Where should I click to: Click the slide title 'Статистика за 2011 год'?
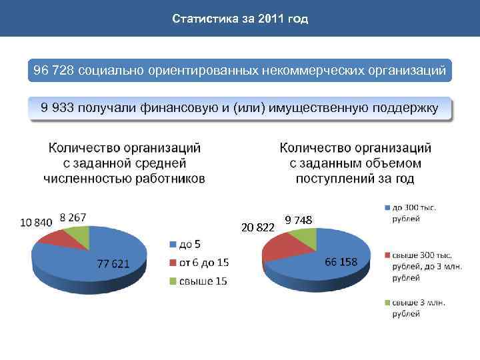[x=240, y=19]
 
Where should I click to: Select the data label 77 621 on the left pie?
[x=113, y=263]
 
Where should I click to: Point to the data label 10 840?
[x=36, y=222]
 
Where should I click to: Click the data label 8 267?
[x=73, y=217]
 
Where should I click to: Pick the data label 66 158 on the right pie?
[x=341, y=261]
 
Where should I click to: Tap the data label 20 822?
[x=257, y=227]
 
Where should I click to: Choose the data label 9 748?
[x=298, y=220]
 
